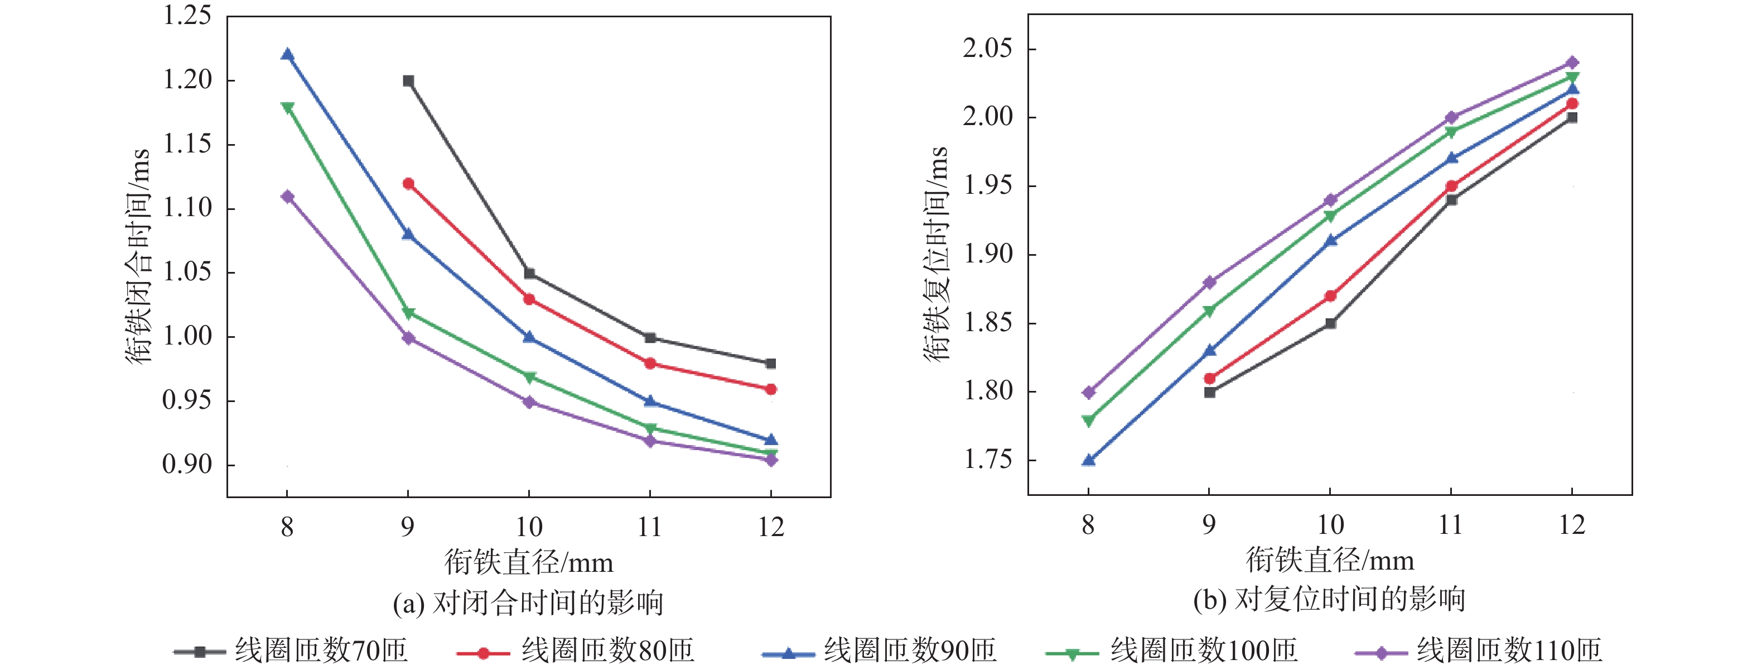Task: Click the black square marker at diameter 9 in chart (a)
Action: coord(408,81)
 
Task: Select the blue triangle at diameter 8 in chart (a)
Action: coord(287,55)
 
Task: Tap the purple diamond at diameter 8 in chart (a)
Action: coord(287,197)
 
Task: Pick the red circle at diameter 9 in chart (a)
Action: coord(408,184)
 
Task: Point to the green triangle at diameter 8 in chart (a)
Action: coord(287,107)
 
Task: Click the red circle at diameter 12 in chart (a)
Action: coord(771,389)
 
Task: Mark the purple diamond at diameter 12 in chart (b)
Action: coord(1572,63)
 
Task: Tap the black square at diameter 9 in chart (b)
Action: coord(1209,393)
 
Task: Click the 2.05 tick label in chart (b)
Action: coord(987,49)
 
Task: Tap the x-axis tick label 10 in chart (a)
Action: coord(529,527)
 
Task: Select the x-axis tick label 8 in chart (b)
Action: coord(1088,525)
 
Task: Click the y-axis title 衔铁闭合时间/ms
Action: coord(137,256)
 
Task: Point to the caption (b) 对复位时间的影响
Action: coord(1329,599)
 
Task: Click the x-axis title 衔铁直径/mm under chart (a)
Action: coord(529,562)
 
